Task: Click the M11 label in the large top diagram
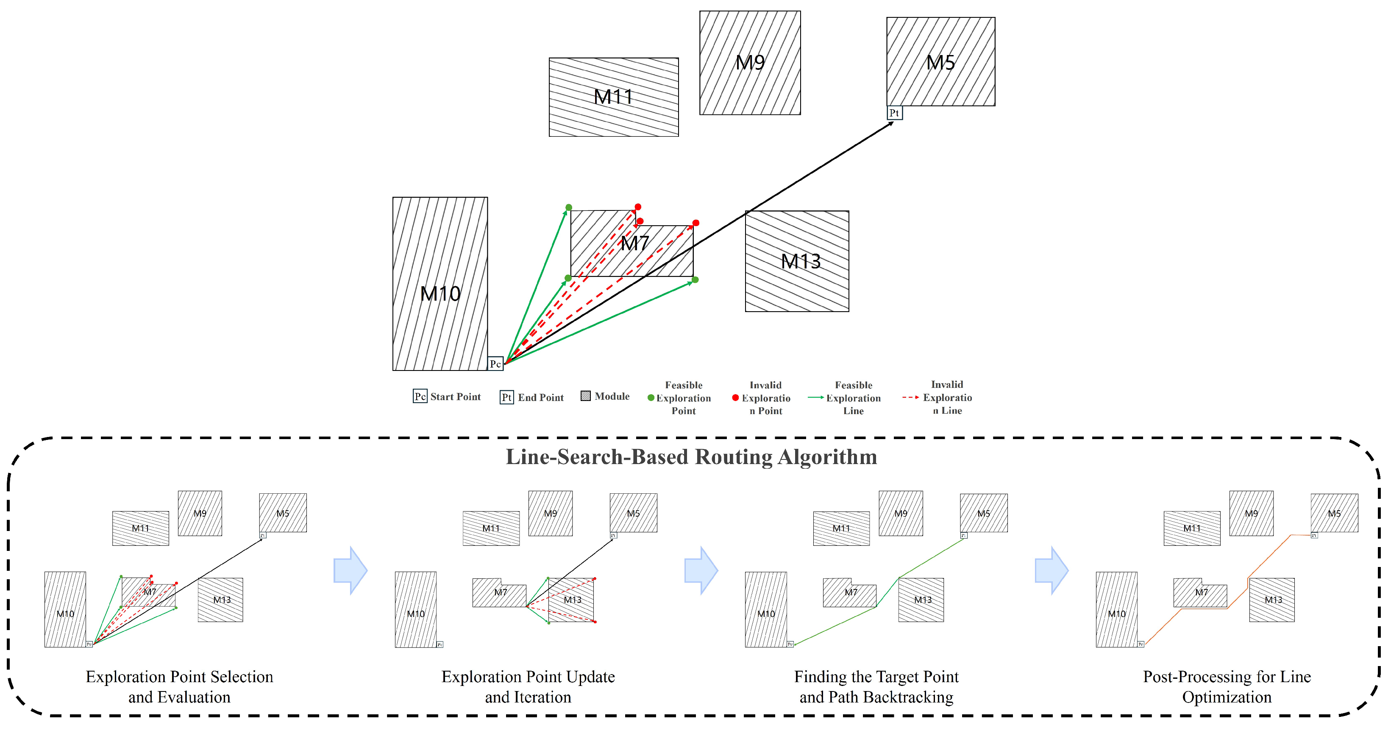tap(613, 97)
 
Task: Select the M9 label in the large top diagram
tap(750, 63)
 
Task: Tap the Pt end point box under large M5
tap(894, 113)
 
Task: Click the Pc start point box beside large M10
tap(495, 364)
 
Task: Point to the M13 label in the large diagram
tap(801, 262)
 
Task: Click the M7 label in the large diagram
tap(634, 243)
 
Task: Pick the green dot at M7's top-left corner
tap(569, 207)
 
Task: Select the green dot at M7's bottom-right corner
tap(695, 279)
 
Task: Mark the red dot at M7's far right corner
tap(696, 223)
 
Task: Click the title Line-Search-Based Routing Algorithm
tap(691, 457)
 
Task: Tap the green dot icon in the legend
tap(651, 398)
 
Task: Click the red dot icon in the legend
tap(735, 398)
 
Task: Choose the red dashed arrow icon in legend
tap(910, 397)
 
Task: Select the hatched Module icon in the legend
tap(585, 396)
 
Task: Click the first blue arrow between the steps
tap(351, 570)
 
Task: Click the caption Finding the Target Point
tap(876, 677)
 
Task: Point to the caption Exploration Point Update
tap(528, 677)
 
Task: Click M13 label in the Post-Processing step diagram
tap(1273, 600)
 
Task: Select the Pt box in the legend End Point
tap(506, 398)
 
